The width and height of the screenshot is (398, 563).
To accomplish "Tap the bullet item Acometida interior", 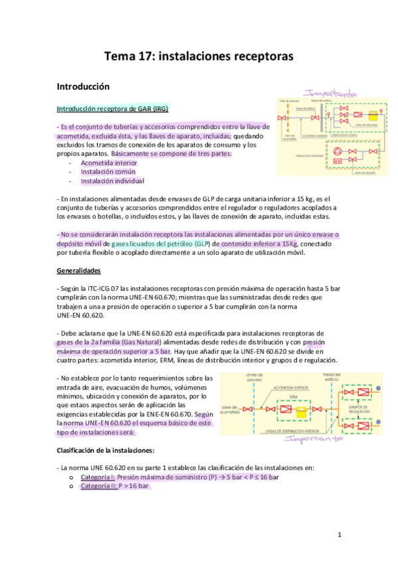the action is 108,163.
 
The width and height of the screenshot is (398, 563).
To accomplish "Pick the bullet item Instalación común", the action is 108,172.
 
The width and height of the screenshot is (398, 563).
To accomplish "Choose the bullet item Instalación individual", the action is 112,181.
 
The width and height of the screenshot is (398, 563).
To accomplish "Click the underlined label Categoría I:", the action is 98,477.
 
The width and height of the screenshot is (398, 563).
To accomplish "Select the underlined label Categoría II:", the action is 99,487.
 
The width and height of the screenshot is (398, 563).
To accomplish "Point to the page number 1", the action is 339,534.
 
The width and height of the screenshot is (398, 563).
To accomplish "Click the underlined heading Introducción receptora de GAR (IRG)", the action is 112,109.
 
